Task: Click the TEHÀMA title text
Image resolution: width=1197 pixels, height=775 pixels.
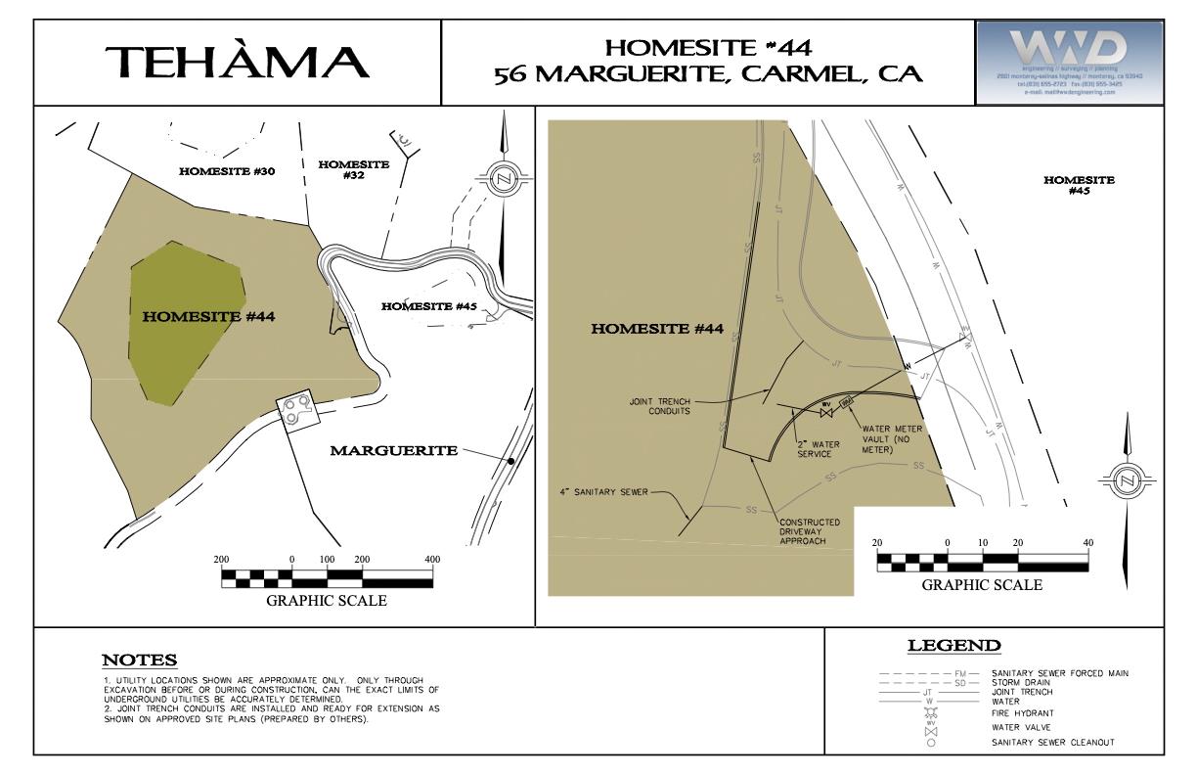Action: [239, 63]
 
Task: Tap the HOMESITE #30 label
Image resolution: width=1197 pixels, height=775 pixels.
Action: [227, 172]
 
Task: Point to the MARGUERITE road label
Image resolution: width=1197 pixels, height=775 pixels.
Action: [393, 451]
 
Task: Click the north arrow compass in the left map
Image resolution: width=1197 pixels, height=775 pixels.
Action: [504, 179]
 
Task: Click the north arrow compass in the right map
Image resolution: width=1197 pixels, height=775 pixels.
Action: [1127, 480]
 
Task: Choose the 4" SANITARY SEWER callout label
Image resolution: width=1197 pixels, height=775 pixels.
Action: [600, 492]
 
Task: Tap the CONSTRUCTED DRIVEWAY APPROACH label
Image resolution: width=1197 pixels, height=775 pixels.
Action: [811, 530]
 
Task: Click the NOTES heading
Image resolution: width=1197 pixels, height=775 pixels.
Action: [140, 660]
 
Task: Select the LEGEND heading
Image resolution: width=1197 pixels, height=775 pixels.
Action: [953, 646]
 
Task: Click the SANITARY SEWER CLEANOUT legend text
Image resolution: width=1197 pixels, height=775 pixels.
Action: [1052, 743]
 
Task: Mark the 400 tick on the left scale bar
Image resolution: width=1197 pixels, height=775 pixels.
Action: [432, 559]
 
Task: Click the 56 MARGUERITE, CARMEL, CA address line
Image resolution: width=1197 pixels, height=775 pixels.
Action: [708, 76]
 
